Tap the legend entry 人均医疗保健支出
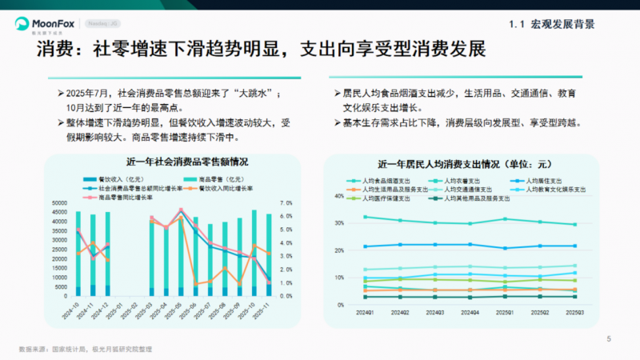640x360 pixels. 386,198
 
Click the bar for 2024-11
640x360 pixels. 93,256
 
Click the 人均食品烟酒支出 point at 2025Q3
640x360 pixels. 574,224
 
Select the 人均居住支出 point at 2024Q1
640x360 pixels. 366,246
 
